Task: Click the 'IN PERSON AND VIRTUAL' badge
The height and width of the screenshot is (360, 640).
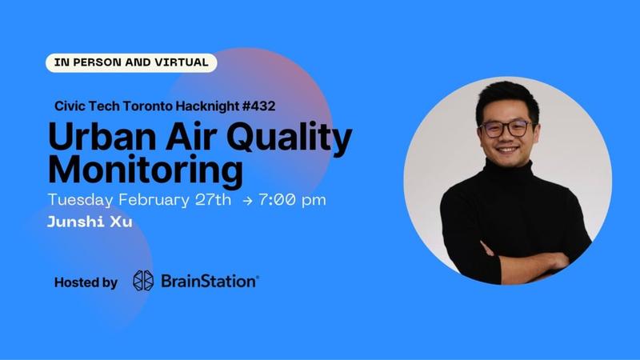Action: point(131,62)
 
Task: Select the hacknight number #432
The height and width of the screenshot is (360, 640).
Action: point(257,106)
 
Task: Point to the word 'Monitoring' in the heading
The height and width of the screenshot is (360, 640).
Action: point(145,170)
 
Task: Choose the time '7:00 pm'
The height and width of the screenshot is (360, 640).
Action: point(291,200)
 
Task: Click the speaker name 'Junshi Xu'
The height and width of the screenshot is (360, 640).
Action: point(90,222)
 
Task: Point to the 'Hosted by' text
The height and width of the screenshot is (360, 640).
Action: point(86,282)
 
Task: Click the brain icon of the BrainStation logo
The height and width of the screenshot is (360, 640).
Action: point(143,281)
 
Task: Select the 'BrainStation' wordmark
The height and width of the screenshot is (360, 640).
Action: point(210,281)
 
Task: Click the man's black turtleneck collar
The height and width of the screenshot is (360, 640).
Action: point(510,172)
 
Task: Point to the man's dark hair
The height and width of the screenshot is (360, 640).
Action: point(504,98)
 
